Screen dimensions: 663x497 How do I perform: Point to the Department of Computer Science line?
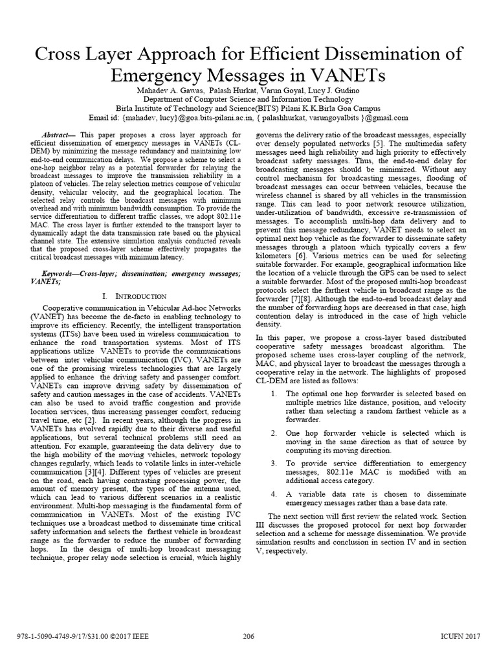click(248, 99)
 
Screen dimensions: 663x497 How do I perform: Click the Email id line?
click(248, 117)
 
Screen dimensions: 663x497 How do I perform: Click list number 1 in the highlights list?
click(274, 394)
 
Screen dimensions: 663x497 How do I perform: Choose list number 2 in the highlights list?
click(274, 433)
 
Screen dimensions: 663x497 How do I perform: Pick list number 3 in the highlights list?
click(274, 463)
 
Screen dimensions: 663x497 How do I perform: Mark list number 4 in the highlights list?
click(274, 493)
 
